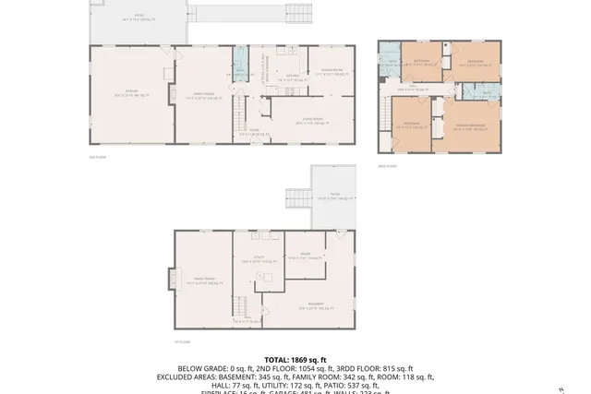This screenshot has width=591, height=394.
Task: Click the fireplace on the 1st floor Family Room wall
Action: coord(169,279)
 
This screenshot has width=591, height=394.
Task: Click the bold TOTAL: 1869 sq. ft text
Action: coord(295,360)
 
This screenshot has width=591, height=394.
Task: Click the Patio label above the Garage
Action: coord(139,17)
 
